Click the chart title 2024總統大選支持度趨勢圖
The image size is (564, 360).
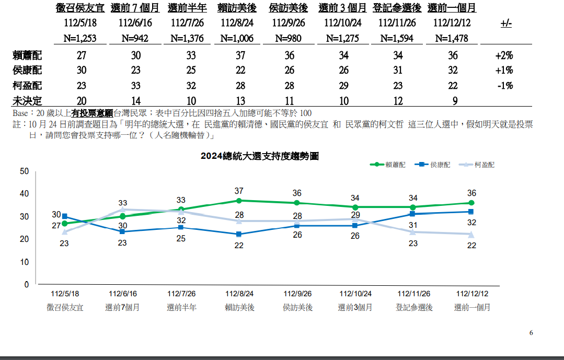[x=259, y=156]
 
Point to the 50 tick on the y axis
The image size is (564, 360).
[x=24, y=171]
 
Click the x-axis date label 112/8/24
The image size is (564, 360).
[x=239, y=294]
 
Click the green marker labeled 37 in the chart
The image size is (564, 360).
[x=239, y=201]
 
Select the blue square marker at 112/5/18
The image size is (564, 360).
[x=64, y=216]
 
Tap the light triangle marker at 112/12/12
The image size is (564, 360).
[x=471, y=235]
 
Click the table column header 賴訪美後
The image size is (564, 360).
[x=237, y=8]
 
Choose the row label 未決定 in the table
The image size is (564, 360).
[x=27, y=101]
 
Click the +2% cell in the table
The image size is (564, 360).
[x=504, y=55]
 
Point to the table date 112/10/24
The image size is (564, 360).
[x=342, y=24]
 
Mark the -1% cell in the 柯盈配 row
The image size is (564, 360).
[x=504, y=86]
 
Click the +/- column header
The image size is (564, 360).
[x=506, y=24]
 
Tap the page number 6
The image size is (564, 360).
[x=531, y=333]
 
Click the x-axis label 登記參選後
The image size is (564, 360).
[x=414, y=307]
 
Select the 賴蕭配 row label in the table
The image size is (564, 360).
[x=27, y=55]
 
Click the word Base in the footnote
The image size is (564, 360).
[x=20, y=113]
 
